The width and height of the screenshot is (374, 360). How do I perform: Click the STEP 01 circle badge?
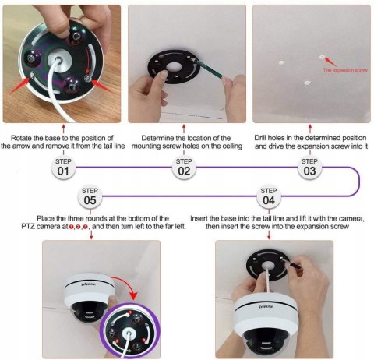(63, 168)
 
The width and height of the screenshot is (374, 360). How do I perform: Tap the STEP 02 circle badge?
(184, 168)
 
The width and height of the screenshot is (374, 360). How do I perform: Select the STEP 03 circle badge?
(309, 168)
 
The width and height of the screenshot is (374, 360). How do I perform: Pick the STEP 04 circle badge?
(269, 196)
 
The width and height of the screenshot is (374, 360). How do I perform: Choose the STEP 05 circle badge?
(90, 196)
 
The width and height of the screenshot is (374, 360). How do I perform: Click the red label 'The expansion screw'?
(345, 70)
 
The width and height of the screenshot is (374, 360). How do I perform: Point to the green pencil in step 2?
(208, 69)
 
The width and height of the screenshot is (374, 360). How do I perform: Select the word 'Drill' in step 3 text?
(260, 138)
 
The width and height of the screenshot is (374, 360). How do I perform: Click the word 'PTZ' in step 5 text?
(28, 226)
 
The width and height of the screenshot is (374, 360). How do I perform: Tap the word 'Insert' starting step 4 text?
(199, 218)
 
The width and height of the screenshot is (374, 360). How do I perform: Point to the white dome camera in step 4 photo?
(266, 322)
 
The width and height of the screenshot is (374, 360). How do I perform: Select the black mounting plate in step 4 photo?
(267, 265)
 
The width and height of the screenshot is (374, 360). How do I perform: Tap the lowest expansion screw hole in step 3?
(307, 83)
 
